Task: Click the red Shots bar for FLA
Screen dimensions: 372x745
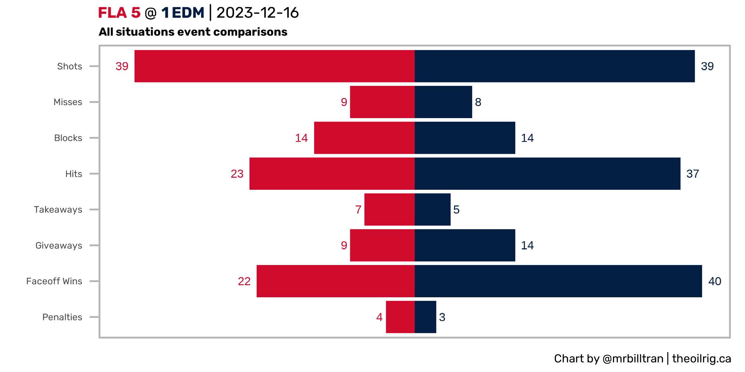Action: point(274,66)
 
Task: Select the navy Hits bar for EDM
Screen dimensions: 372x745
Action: point(547,174)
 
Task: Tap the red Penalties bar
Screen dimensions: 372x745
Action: point(400,317)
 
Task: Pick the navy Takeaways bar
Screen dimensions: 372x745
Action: point(432,210)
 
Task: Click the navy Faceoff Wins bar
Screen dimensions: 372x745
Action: point(558,281)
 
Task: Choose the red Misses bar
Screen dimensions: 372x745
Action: point(382,102)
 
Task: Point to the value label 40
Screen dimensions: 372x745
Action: point(715,281)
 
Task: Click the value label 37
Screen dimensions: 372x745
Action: point(693,174)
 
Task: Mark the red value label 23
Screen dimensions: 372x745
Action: point(237,174)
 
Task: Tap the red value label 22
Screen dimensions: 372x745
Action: point(244,281)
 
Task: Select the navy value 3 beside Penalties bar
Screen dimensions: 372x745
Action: point(442,317)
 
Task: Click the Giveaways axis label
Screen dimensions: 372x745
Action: point(59,246)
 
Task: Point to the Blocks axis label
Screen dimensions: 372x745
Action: point(68,138)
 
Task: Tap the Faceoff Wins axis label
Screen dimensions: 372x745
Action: point(54,281)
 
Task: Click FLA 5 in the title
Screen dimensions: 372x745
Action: point(119,13)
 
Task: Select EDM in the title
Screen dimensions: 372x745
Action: point(188,13)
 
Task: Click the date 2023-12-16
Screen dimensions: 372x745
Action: point(258,13)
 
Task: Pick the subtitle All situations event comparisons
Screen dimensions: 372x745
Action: point(193,32)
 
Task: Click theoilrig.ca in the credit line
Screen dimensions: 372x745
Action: point(702,359)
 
